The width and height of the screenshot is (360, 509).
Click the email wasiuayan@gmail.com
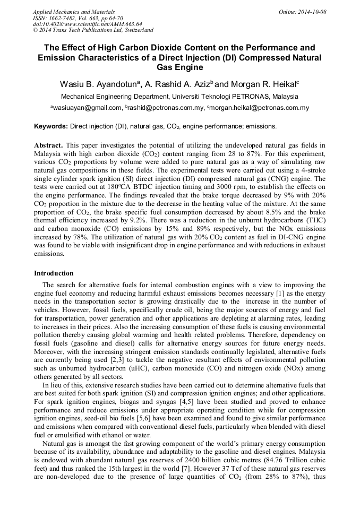point(86,108)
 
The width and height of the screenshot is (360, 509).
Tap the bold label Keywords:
point(51,126)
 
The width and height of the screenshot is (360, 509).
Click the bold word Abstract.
point(48,145)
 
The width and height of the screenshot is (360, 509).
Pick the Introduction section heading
point(54,273)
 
